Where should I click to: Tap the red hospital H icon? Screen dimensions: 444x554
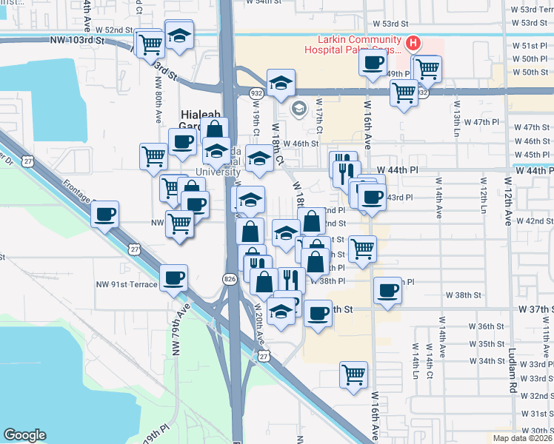[414, 44]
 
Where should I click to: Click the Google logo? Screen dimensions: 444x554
[24, 434]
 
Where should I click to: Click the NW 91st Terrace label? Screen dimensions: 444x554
[127, 284]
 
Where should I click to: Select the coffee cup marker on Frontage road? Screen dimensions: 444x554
[105, 214]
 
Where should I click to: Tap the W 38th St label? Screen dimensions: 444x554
[468, 295]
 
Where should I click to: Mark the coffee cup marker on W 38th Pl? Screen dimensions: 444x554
[387, 290]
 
